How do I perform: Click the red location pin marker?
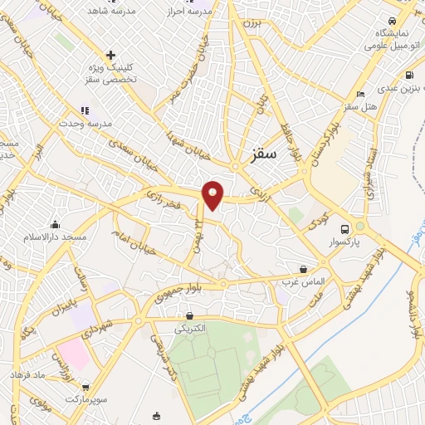click(213, 195)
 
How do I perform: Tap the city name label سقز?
click(265, 154)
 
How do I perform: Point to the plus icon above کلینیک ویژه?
click(110, 55)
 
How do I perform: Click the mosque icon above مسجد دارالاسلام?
click(55, 224)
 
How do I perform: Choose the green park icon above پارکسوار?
click(359, 226)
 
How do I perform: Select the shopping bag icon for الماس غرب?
click(304, 269)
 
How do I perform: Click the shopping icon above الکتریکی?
click(190, 315)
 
